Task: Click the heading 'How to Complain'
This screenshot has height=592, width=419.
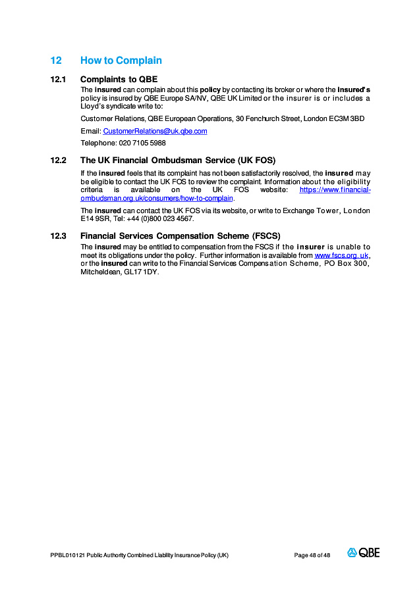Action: coord(121,61)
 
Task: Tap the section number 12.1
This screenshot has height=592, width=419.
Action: coord(59,79)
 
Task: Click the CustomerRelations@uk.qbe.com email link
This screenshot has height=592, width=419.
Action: coord(155,131)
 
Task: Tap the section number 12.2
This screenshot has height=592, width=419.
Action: coord(59,160)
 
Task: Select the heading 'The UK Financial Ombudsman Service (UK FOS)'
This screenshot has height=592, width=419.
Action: coord(177,160)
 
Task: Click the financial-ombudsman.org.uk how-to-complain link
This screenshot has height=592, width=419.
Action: coord(157,198)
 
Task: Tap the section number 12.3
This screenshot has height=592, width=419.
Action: coord(59,235)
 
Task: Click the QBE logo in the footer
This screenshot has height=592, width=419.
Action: coord(364,553)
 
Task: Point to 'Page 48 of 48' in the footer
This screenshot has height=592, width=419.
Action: coord(312,555)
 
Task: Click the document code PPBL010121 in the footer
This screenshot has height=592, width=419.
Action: coord(67,555)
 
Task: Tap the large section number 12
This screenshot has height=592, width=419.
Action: coord(56,61)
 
